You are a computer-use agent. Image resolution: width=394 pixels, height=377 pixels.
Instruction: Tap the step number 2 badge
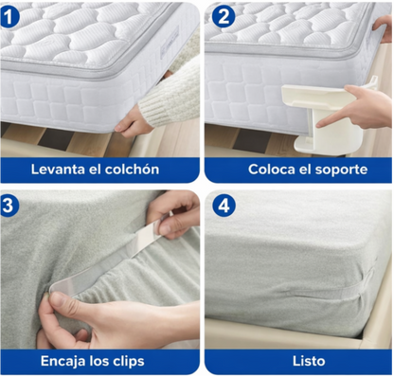pyautogui.click(x=224, y=15)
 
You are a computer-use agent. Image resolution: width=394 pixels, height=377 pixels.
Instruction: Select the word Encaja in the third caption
pyautogui.click(x=65, y=361)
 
